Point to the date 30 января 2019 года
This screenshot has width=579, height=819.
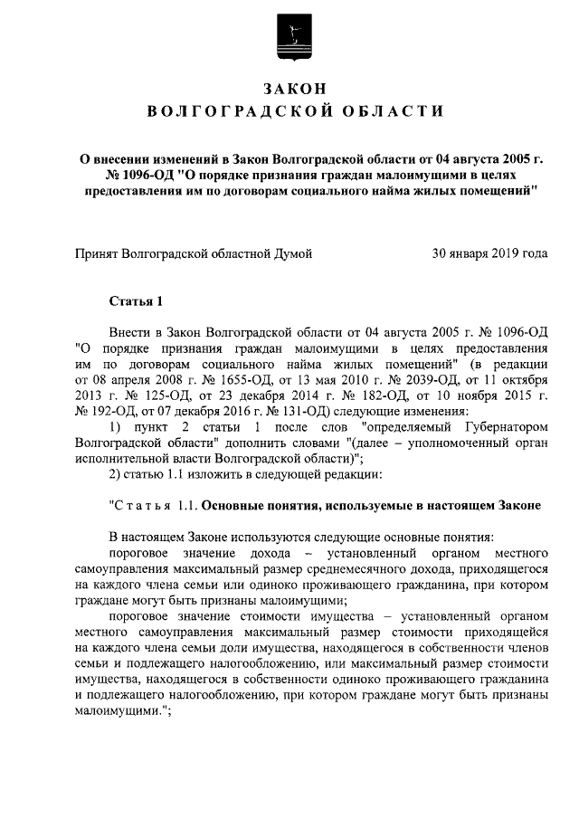[x=490, y=253]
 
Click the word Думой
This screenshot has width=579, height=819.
[x=292, y=253]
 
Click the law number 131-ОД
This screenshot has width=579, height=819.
[x=282, y=410]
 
